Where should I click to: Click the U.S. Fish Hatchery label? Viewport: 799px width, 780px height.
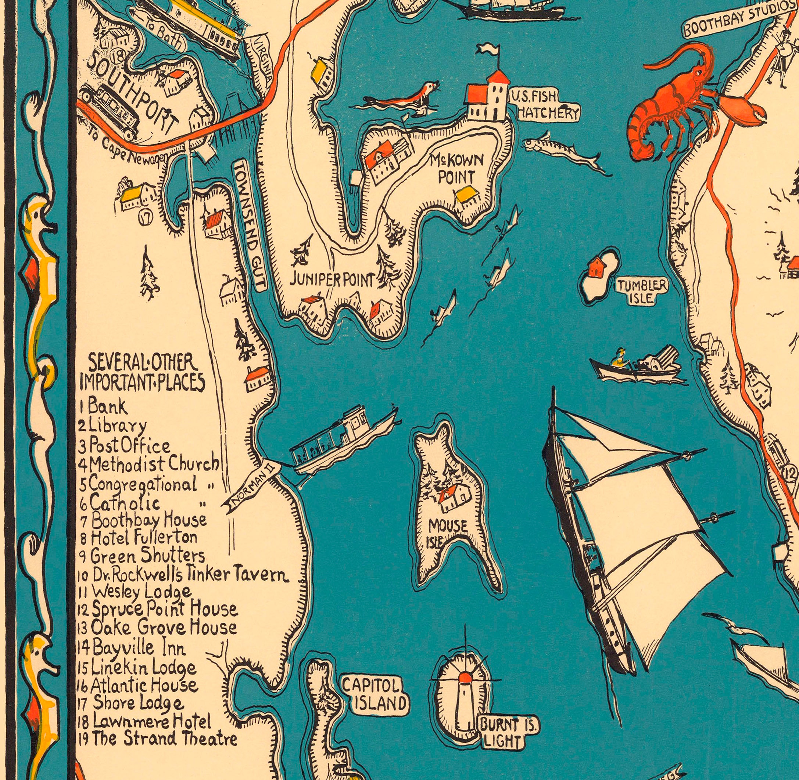[544, 105]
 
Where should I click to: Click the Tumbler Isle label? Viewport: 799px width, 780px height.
[642, 291]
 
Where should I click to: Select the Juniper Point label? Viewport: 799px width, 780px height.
[332, 280]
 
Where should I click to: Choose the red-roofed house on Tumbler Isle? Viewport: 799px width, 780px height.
[596, 267]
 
